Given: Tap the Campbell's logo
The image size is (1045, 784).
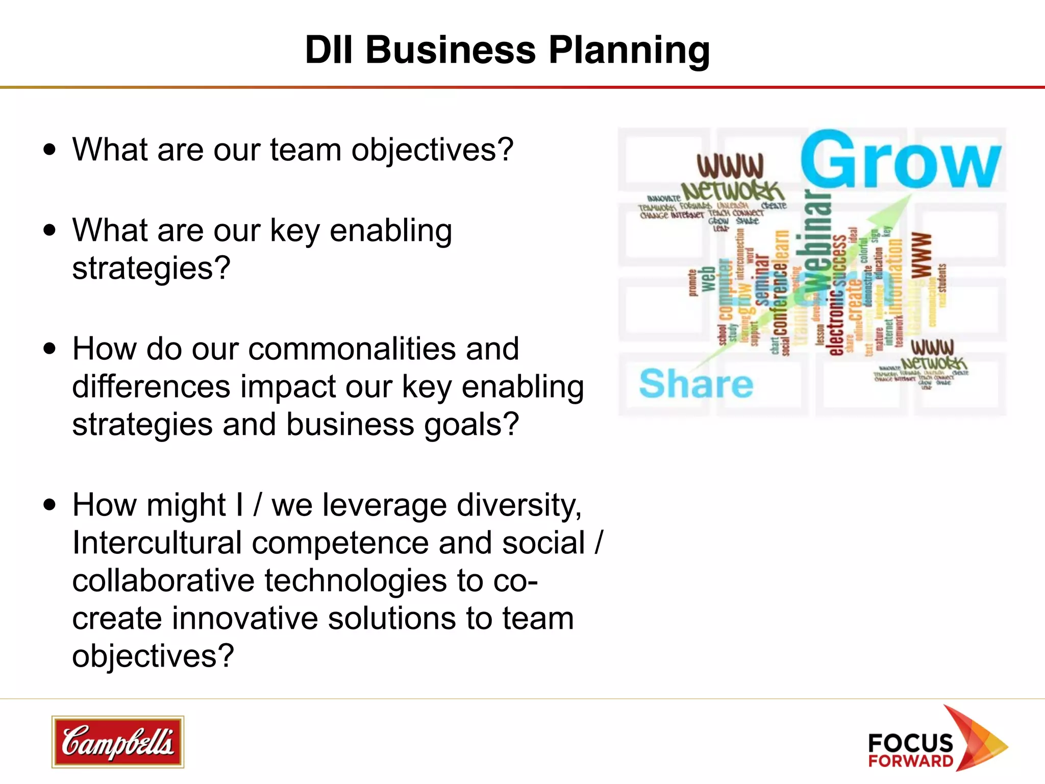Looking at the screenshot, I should (117, 742).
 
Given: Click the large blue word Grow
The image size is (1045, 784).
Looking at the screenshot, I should (900, 161).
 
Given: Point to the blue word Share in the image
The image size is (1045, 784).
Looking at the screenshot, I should (695, 384).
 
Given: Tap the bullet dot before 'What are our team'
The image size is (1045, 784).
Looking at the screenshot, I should (49, 150).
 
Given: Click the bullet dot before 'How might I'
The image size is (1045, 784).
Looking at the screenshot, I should (49, 505).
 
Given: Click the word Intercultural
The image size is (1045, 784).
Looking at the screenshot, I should (157, 543).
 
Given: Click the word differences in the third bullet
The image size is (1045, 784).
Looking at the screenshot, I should (151, 387).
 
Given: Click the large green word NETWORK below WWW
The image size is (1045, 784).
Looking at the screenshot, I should (732, 191).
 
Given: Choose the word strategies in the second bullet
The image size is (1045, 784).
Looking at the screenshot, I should (151, 268).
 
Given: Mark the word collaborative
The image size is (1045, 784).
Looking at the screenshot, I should (163, 581).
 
